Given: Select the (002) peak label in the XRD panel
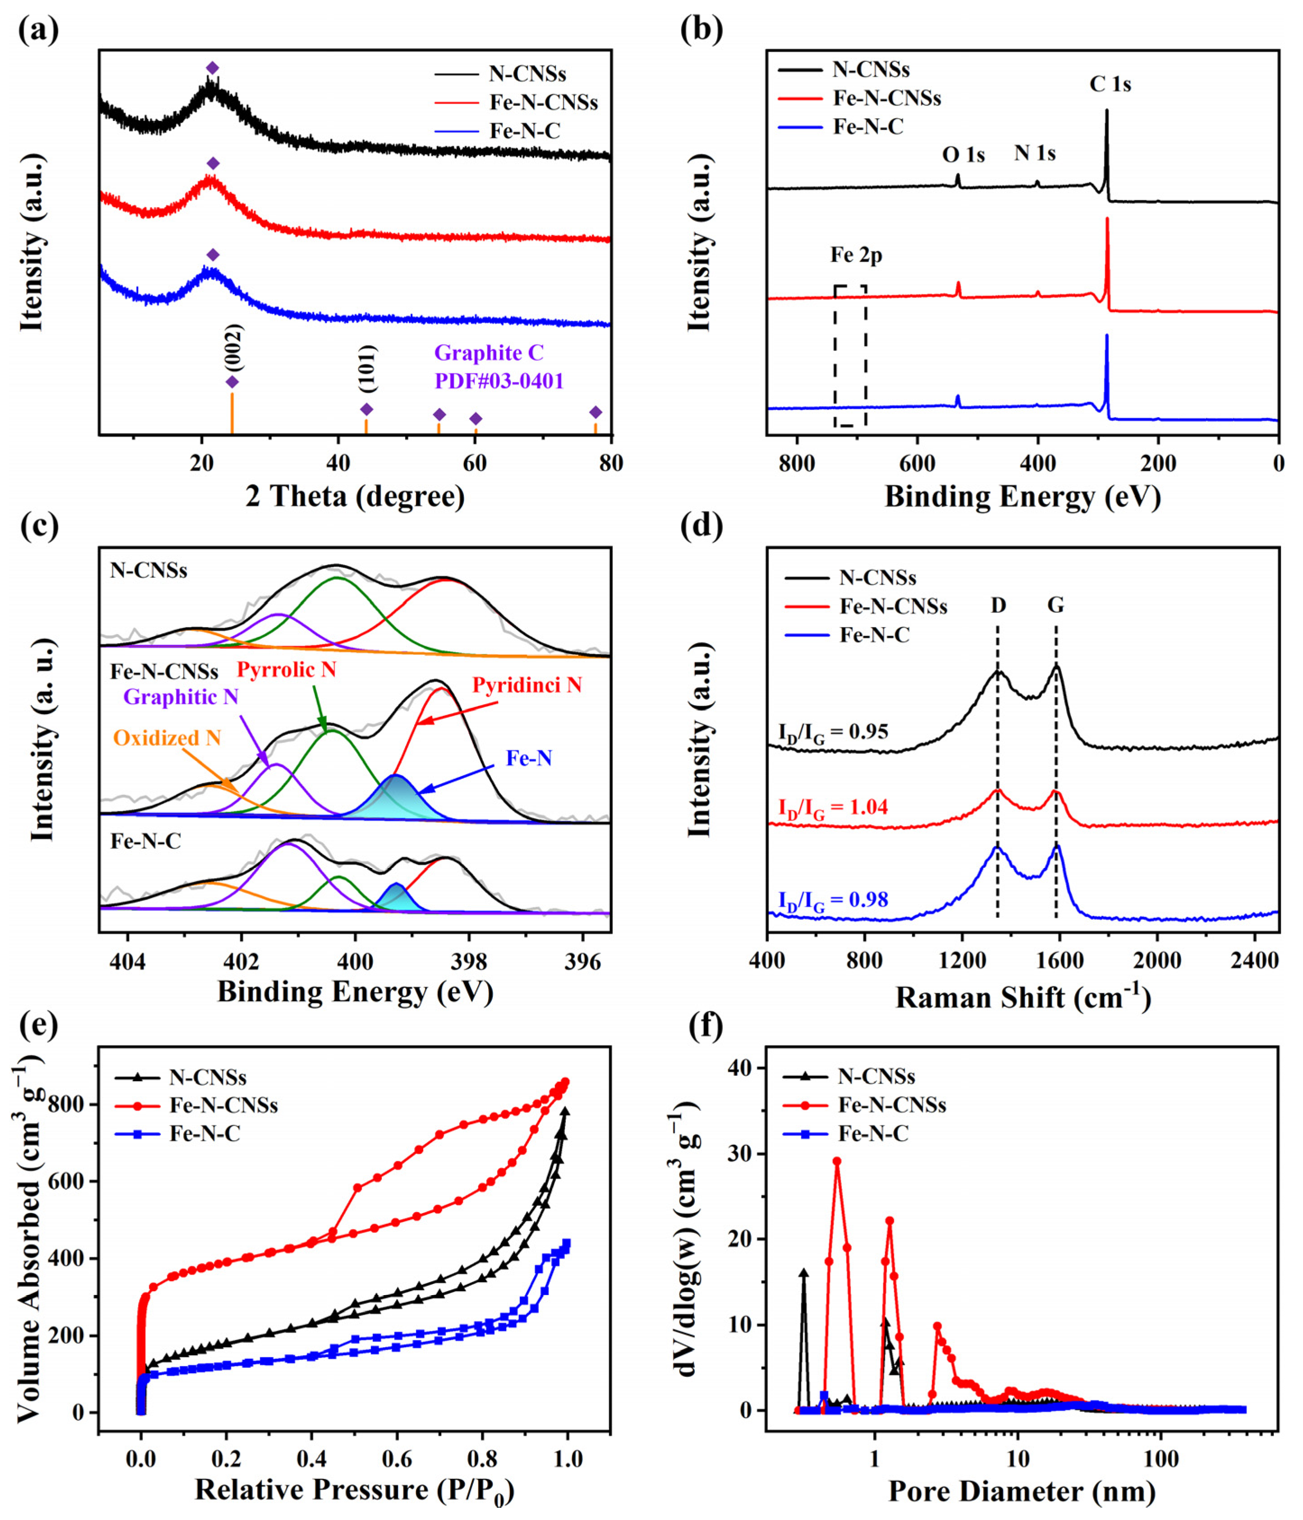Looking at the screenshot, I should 234,347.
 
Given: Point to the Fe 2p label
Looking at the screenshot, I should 856,256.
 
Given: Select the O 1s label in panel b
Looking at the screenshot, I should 963,155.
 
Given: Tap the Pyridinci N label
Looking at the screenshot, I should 527,685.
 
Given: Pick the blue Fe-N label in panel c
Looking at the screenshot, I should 529,758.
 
